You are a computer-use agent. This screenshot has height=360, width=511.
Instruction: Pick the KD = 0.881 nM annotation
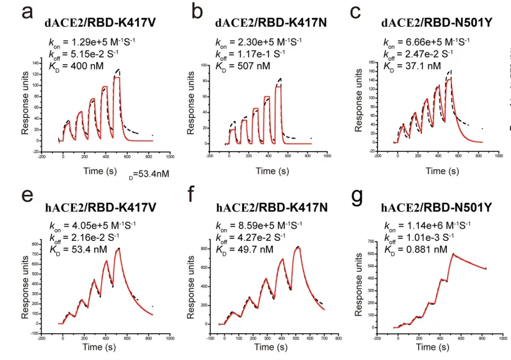click(x=414, y=249)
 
